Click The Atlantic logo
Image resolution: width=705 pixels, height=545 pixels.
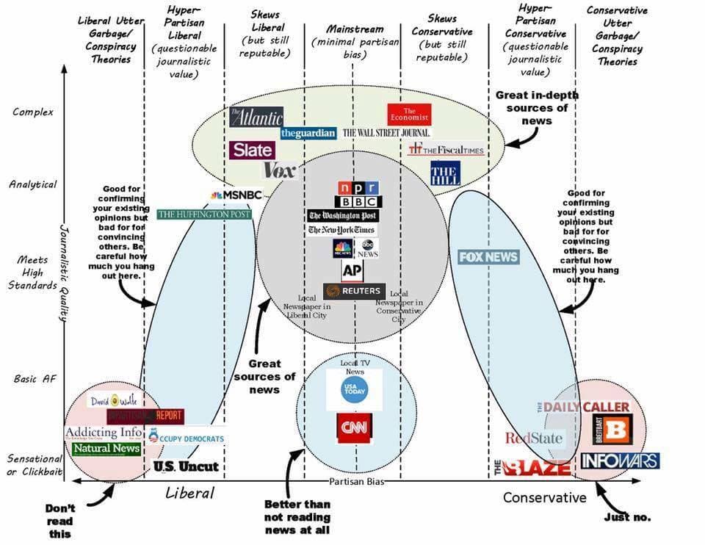click(x=256, y=117)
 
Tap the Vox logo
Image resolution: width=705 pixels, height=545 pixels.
click(x=280, y=170)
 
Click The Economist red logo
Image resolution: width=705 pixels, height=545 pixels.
click(x=409, y=114)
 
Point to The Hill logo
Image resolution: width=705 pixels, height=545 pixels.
click(x=445, y=173)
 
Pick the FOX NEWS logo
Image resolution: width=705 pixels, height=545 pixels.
click(x=488, y=257)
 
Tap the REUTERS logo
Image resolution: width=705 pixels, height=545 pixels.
click(x=353, y=291)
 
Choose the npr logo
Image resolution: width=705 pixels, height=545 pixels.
click(x=358, y=187)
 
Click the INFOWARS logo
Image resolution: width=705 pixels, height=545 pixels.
click(x=620, y=461)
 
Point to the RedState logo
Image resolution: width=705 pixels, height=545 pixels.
click(x=534, y=438)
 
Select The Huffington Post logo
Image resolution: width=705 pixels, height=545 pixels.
click(x=204, y=214)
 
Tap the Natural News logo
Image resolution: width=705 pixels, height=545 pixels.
click(x=106, y=448)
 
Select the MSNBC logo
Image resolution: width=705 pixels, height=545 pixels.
click(x=236, y=195)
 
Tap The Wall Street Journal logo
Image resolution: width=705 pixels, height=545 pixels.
click(x=386, y=133)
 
